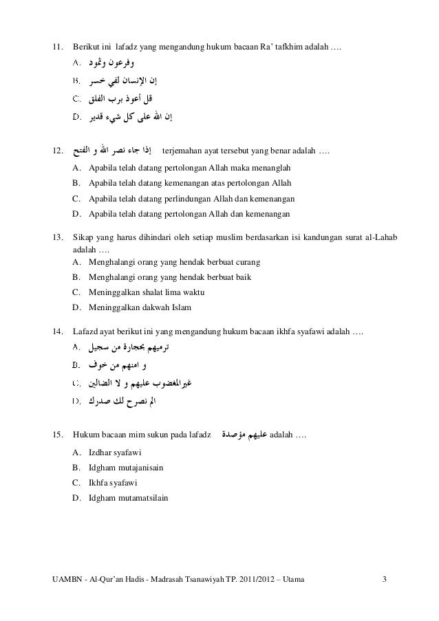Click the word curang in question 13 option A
coord(253,262)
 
